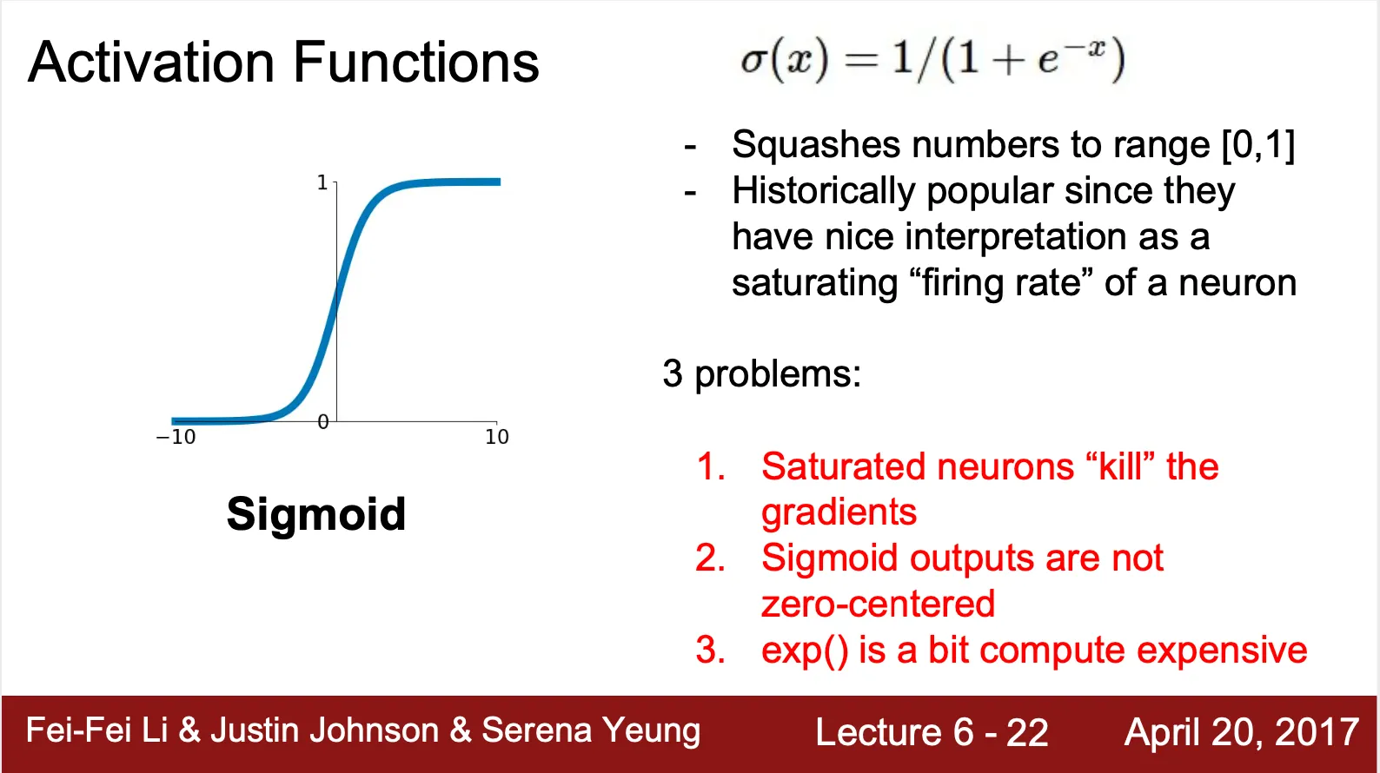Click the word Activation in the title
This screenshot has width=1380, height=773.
151,62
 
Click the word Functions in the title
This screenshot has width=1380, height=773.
416,62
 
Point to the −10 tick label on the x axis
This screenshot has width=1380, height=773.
176,437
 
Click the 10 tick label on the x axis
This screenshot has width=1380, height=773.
496,437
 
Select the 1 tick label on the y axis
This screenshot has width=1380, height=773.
322,182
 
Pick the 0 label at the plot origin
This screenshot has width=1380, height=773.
322,422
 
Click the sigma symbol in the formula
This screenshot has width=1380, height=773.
753,62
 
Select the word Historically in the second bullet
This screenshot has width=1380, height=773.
824,192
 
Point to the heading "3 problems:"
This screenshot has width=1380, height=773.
761,373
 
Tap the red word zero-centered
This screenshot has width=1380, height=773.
878,604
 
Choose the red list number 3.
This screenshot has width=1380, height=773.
710,650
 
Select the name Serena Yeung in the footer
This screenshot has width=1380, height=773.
591,730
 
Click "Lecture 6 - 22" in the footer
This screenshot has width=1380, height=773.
932,732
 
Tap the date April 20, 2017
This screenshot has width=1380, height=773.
1241,732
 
